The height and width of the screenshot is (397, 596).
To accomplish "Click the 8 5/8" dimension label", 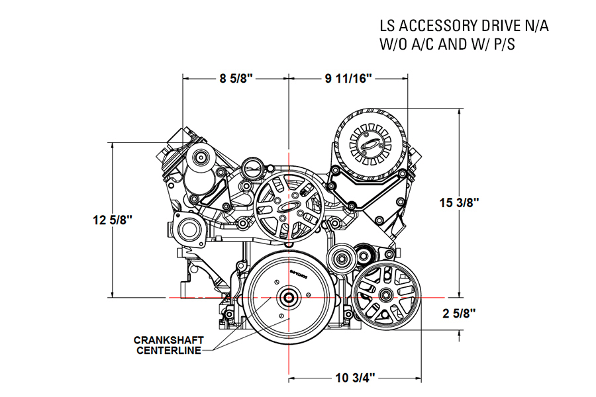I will (236, 79).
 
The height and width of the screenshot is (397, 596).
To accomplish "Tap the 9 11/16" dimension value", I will (348, 79).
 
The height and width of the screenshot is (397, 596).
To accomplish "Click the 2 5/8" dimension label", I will (459, 313).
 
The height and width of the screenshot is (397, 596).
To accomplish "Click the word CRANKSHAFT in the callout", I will (168, 340).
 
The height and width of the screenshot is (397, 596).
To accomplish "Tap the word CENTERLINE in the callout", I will (168, 350).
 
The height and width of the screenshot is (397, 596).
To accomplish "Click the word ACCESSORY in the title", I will (434, 26).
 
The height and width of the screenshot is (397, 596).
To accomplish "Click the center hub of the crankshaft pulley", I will (289, 298).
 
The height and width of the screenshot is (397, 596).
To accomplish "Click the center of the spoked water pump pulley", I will (289, 206).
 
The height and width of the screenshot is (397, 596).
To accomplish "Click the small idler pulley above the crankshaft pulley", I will (342, 259).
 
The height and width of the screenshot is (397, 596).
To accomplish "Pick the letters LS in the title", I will (387, 26).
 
